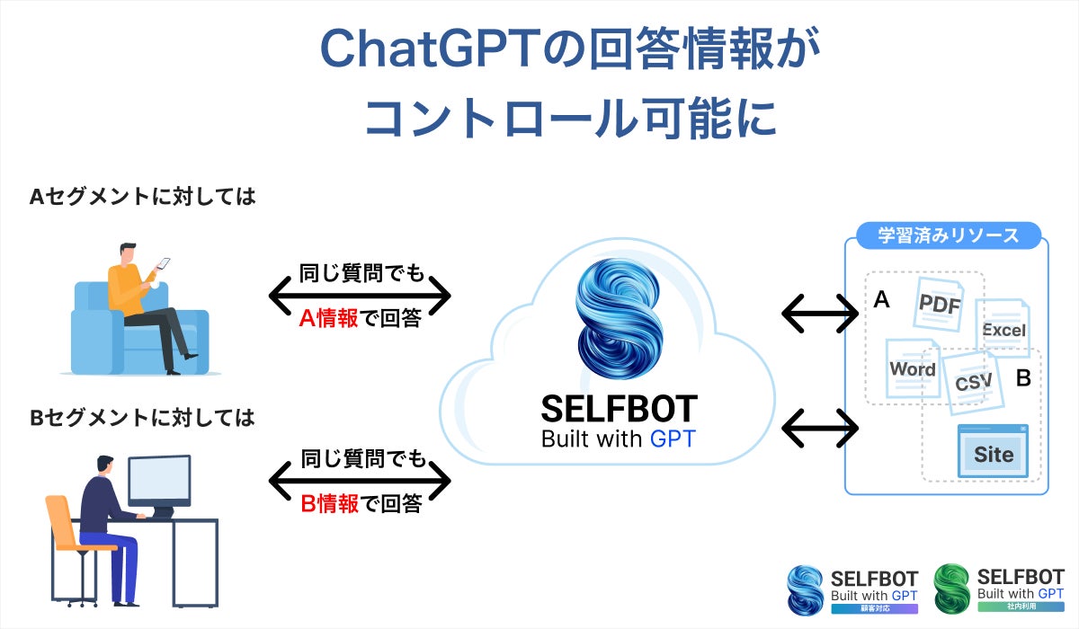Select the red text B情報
[x=329, y=503]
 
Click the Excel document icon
[x=1003, y=330]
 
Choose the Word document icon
[x=912, y=368]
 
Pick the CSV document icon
[x=973, y=381]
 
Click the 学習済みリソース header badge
[x=948, y=236]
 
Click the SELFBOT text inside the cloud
[x=619, y=409]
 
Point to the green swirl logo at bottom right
[x=952, y=589]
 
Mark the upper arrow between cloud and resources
[x=820, y=314]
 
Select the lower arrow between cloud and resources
[x=820, y=428]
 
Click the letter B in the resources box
[x=1022, y=378]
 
